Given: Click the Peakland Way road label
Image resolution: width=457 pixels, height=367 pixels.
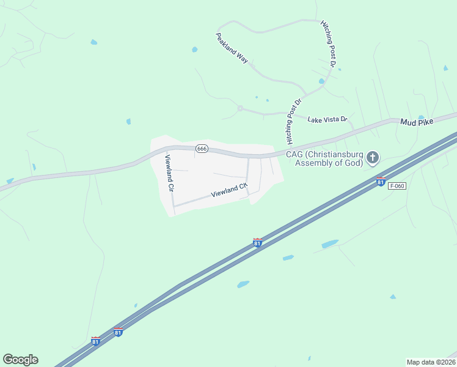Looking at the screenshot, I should (x=232, y=48).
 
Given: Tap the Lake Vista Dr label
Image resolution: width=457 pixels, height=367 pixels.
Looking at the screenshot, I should (x=327, y=119).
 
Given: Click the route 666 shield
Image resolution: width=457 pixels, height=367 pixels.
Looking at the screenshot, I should (x=202, y=149).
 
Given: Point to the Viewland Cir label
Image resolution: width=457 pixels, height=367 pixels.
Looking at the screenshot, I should (x=169, y=173).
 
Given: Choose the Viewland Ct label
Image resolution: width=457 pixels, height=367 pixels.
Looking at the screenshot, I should (x=229, y=190).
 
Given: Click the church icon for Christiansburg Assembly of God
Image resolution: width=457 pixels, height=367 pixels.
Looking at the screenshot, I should (x=372, y=158).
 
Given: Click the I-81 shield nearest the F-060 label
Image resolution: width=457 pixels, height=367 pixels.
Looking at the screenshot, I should (x=381, y=182).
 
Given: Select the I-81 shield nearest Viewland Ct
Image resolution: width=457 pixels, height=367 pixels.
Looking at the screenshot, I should (x=257, y=243).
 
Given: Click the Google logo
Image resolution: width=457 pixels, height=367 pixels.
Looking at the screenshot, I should (x=20, y=360).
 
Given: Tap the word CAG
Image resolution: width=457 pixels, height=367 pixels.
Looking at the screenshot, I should (x=294, y=154).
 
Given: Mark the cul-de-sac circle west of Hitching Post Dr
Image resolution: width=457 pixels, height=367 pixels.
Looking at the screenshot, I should (x=240, y=108).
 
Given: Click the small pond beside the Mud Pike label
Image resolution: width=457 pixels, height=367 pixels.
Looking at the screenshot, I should (x=421, y=117).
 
